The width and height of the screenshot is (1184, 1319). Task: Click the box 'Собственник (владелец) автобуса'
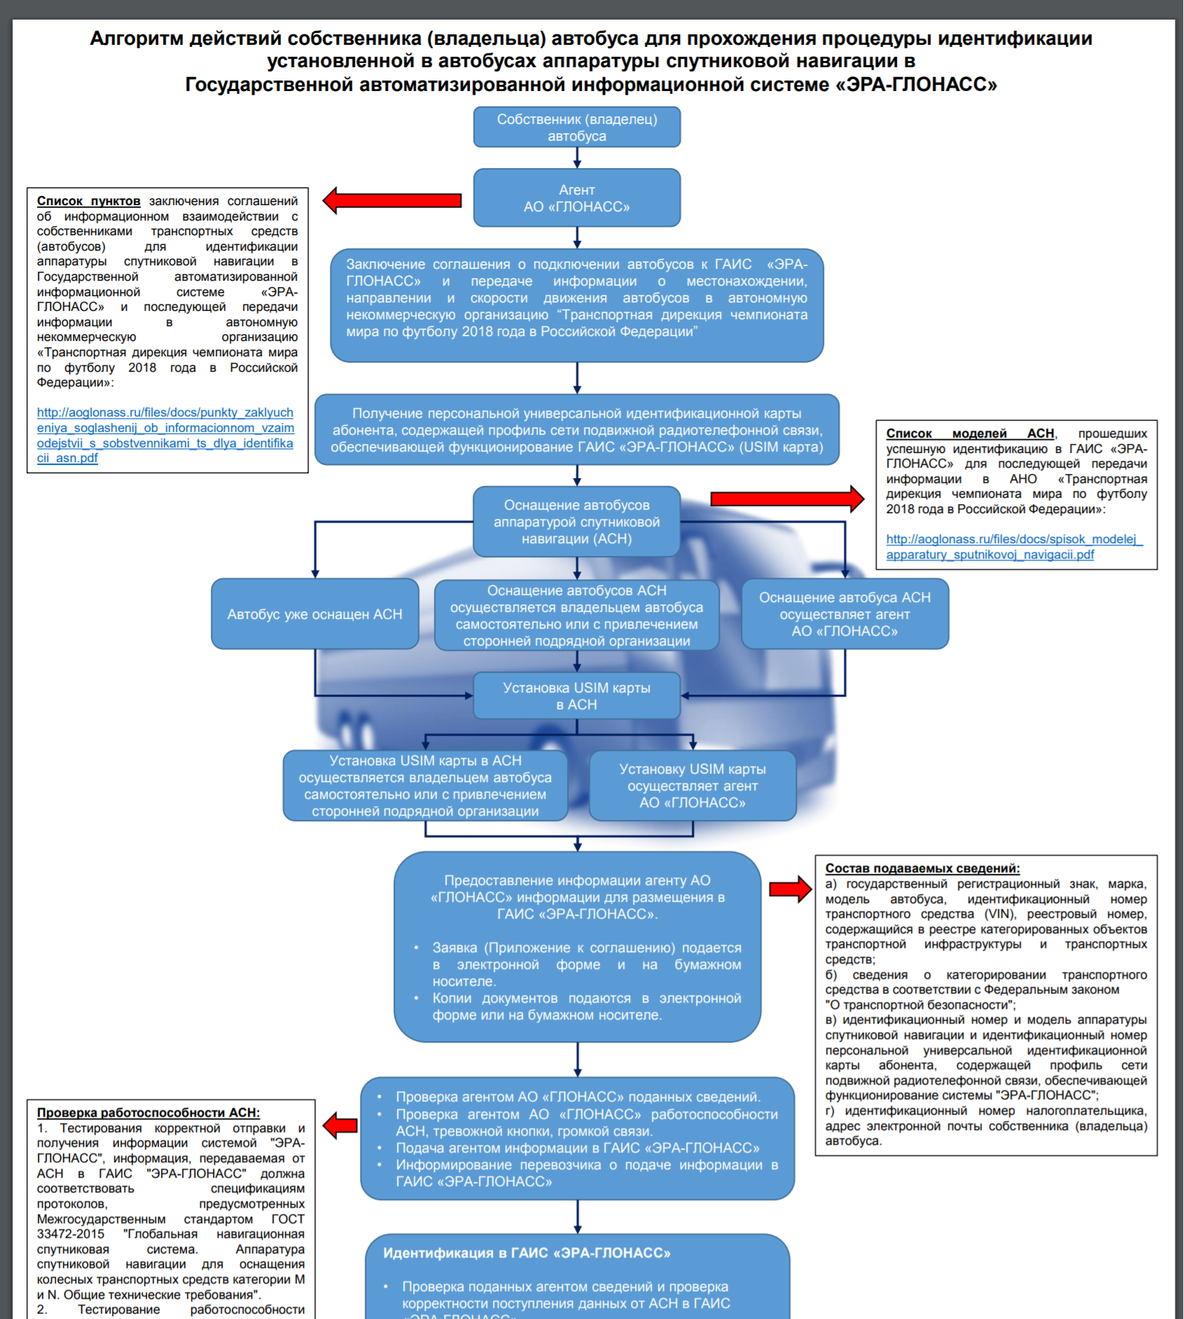coord(576,127)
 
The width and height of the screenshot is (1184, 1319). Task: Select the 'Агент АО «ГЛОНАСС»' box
coord(576,198)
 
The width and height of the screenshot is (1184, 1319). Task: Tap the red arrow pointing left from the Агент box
coord(393,201)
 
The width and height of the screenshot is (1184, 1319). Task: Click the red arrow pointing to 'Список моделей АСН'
coord(786,498)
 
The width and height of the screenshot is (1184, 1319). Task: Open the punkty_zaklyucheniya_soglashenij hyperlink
coord(165,435)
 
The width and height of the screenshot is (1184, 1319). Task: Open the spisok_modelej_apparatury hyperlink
coord(1013,547)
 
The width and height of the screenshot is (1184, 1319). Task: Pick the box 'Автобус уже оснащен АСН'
coord(314,614)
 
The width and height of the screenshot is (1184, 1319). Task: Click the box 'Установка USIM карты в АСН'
coord(576,696)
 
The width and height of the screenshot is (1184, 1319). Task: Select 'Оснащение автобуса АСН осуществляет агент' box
coord(844,614)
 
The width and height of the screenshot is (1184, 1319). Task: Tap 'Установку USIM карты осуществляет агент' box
coord(692,786)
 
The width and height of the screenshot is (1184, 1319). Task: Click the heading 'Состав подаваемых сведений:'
coord(922,868)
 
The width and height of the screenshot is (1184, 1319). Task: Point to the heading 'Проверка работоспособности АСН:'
coord(148,1112)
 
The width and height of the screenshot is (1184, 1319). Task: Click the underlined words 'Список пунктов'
coord(88,202)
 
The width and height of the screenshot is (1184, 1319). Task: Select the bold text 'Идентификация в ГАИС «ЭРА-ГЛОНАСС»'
coord(526,1253)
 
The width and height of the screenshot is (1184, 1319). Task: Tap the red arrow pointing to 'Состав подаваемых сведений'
coord(790,889)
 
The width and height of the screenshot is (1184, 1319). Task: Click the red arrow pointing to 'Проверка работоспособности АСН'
coord(341,1126)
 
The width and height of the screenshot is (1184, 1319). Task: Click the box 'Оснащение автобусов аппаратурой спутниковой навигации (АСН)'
coord(576,522)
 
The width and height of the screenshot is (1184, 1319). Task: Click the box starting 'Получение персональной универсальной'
coord(576,430)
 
